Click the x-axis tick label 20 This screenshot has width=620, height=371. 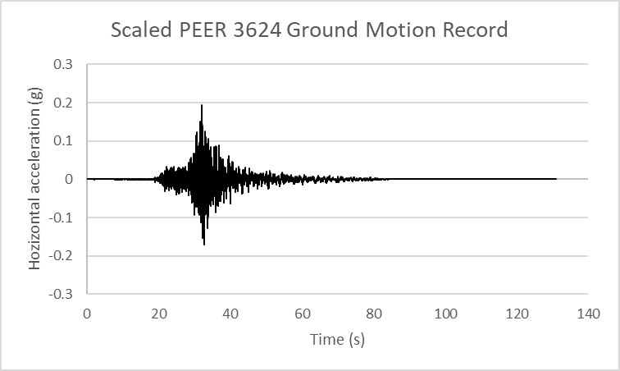(x=159, y=314)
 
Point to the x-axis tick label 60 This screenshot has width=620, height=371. (x=303, y=314)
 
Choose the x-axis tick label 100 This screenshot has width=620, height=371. (x=446, y=314)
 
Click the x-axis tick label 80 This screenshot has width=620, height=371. (x=374, y=314)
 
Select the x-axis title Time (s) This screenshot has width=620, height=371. (x=338, y=339)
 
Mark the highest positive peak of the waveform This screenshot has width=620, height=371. (x=201, y=105)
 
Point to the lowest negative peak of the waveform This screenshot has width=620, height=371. (x=203, y=245)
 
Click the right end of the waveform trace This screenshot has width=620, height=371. (x=556, y=179)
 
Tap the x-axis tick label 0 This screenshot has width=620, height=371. (x=88, y=314)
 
